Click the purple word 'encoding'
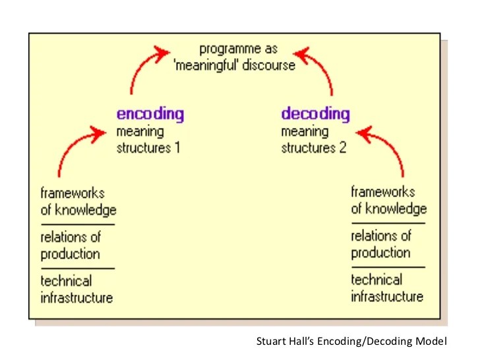(150, 113)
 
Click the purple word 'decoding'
(315, 113)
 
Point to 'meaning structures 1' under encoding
(148, 139)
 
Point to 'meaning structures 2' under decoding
(313, 139)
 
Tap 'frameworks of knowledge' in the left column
(78, 202)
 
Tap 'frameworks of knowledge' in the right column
(388, 200)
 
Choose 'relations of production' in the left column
(71, 245)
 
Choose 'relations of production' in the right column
(381, 244)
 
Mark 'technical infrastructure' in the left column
(76, 289)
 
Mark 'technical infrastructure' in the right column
(387, 287)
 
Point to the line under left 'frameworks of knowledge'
(77, 225)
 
